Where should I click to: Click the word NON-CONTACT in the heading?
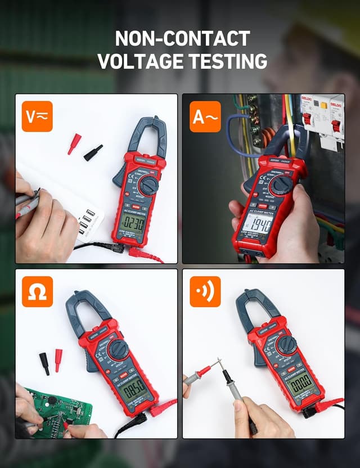coord(182,38)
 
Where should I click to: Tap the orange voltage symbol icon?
coord(37,116)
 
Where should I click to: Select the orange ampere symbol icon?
coord(205,116)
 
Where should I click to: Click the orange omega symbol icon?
coord(37,291)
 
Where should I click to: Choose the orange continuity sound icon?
coord(205,291)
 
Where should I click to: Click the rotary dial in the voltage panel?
coord(148,185)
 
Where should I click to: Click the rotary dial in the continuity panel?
coord(286,345)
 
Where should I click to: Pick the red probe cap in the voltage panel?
coord(74,143)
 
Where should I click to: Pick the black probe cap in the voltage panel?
coord(93,152)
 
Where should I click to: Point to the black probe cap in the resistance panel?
coord(44,363)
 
